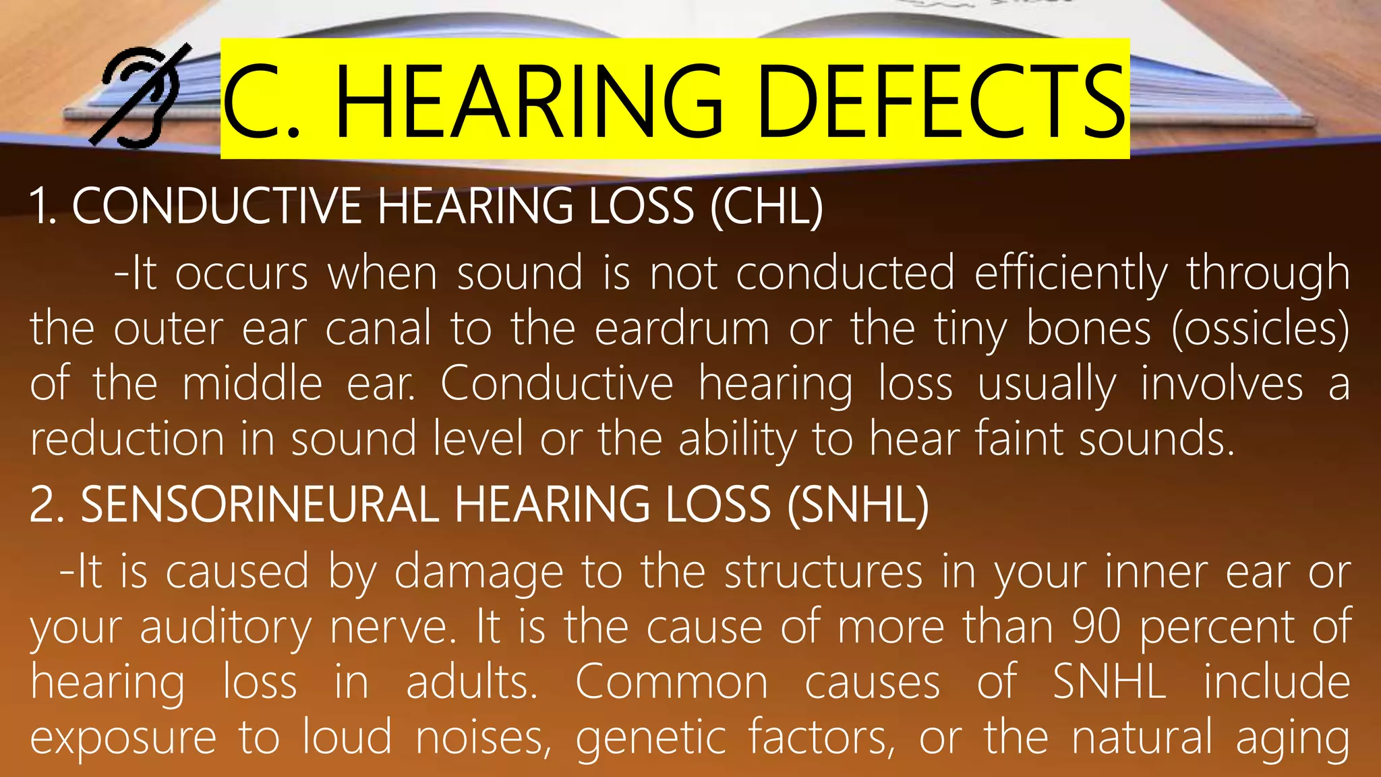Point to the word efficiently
(x=1070, y=274)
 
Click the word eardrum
(x=682, y=329)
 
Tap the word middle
(x=252, y=384)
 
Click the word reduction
(x=127, y=439)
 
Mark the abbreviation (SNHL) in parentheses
(x=858, y=505)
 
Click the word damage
(x=478, y=573)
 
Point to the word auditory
(x=226, y=628)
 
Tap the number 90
(x=1096, y=628)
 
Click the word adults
(x=471, y=683)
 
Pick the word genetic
(x=651, y=738)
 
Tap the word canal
(x=378, y=329)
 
